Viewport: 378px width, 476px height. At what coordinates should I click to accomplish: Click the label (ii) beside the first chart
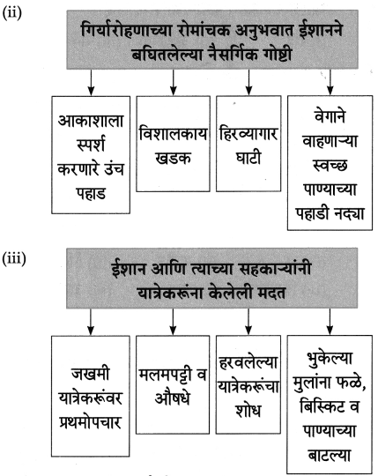click(11, 13)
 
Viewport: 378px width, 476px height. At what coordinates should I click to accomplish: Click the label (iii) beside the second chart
click(14, 259)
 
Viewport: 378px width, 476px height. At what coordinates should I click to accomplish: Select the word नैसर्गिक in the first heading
click(233, 55)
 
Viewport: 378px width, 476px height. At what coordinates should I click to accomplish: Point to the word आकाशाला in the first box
click(91, 121)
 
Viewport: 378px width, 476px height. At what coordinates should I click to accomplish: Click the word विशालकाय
click(173, 134)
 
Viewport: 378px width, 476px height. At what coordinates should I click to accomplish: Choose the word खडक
click(173, 158)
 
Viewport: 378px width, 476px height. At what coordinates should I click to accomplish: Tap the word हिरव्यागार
click(248, 133)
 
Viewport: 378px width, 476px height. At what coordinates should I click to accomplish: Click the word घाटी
click(248, 158)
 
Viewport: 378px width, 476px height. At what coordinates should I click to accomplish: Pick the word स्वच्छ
click(330, 166)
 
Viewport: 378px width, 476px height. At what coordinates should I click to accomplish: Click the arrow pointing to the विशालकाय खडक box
click(174, 82)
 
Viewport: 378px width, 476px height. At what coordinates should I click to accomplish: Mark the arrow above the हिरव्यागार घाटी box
click(248, 82)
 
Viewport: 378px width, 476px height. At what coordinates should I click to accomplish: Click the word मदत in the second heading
click(271, 293)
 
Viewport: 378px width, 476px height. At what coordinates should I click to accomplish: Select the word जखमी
click(91, 374)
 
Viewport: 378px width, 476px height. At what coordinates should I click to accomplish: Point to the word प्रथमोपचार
click(91, 422)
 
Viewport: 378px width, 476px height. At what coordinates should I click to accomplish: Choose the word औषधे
click(173, 397)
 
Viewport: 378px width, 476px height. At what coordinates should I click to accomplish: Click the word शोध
click(248, 411)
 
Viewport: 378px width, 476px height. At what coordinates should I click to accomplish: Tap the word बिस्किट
click(322, 405)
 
